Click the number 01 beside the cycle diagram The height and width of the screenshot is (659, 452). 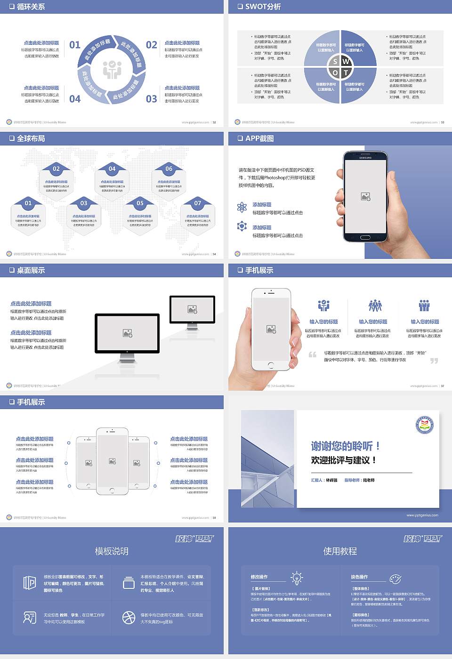[x=75, y=45]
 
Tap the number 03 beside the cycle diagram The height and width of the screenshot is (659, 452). [x=151, y=99]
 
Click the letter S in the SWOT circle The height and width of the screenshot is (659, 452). [x=335, y=61]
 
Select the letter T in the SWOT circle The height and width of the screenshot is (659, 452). [x=346, y=72]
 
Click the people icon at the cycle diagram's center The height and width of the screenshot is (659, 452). [x=112, y=70]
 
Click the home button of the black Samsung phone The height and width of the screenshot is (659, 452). [x=365, y=237]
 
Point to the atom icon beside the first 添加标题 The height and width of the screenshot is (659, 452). [x=242, y=207]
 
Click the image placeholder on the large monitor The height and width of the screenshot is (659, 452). [x=127, y=333]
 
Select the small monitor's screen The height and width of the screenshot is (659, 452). [x=192, y=309]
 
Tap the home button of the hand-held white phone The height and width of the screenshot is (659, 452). [x=271, y=365]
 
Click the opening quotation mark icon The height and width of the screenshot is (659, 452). [x=313, y=354]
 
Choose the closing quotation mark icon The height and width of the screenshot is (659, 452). [x=434, y=361]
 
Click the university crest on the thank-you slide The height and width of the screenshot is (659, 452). [x=425, y=425]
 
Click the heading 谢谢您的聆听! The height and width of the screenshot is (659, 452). [x=345, y=446]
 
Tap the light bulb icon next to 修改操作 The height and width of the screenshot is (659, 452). [x=297, y=578]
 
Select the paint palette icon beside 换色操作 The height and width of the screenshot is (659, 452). [x=395, y=579]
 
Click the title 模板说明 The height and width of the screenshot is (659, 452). [x=112, y=551]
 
